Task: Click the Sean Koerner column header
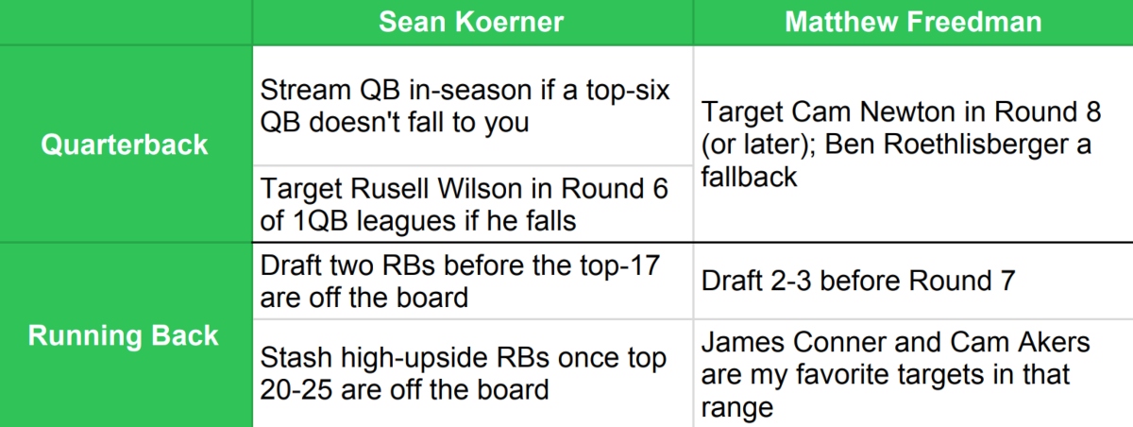[471, 22]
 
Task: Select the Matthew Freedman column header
[913, 22]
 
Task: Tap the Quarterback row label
[125, 145]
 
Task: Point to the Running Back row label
[124, 335]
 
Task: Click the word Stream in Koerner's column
[306, 90]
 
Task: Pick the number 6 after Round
[660, 189]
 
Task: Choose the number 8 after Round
[1093, 111]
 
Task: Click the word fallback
[749, 177]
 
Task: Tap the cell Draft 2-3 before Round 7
[858, 281]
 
